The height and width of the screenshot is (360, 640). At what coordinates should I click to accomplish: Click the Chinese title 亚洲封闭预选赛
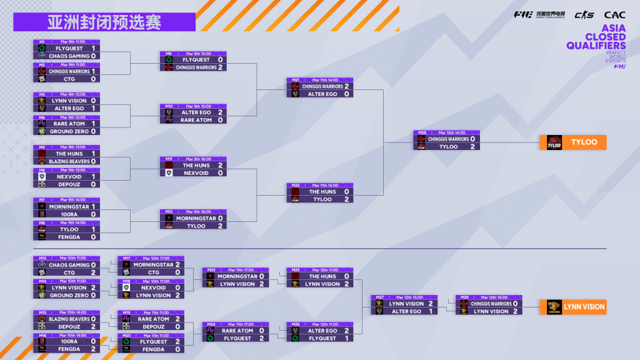[x=104, y=22]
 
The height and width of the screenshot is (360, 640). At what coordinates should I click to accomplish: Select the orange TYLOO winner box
[x=573, y=142]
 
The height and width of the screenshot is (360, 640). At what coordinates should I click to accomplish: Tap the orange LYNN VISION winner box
[x=573, y=307]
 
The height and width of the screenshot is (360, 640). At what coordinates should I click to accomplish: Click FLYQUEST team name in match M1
[x=69, y=48]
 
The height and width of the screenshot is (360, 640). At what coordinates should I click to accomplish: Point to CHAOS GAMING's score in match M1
[x=94, y=56]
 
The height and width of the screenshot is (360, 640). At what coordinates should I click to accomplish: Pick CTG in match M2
[x=69, y=79]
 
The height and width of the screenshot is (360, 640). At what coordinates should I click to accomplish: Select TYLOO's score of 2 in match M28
[x=472, y=147]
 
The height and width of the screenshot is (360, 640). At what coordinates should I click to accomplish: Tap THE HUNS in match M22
[x=322, y=192]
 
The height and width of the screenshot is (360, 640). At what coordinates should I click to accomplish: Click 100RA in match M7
[x=69, y=214]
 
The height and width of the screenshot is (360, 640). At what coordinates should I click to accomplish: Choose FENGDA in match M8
[x=69, y=237]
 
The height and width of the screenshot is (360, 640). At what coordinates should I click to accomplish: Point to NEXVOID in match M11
[x=196, y=173]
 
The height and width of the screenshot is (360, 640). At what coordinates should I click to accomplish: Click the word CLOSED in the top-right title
[x=605, y=37]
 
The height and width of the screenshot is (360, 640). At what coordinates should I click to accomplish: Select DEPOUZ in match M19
[x=153, y=326]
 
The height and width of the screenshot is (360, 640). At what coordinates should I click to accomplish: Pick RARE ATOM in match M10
[x=196, y=120]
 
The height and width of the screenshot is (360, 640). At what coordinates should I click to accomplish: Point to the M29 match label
[x=464, y=297]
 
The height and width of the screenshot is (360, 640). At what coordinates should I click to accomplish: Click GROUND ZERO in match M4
[x=69, y=132]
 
